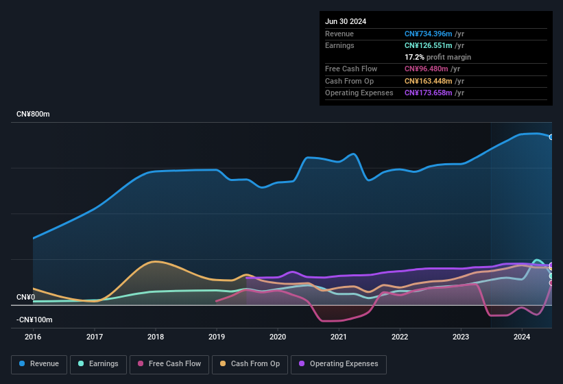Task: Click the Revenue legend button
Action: point(39,364)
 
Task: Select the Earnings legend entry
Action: point(98,364)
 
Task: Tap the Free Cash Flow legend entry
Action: point(169,364)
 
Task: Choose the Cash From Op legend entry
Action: point(250,364)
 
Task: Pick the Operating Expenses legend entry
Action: point(338,364)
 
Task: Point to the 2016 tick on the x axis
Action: point(33,337)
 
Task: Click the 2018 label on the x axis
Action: point(156,337)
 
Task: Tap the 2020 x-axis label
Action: point(278,337)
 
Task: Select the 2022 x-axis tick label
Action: point(400,337)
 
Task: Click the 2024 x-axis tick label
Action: point(522,337)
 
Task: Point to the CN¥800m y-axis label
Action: point(34,114)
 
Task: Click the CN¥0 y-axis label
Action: point(26,297)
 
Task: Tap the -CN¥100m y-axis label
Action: point(35,320)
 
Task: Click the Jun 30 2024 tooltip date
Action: point(346,21)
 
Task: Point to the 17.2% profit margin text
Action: point(438,57)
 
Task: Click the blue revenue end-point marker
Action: point(551,137)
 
